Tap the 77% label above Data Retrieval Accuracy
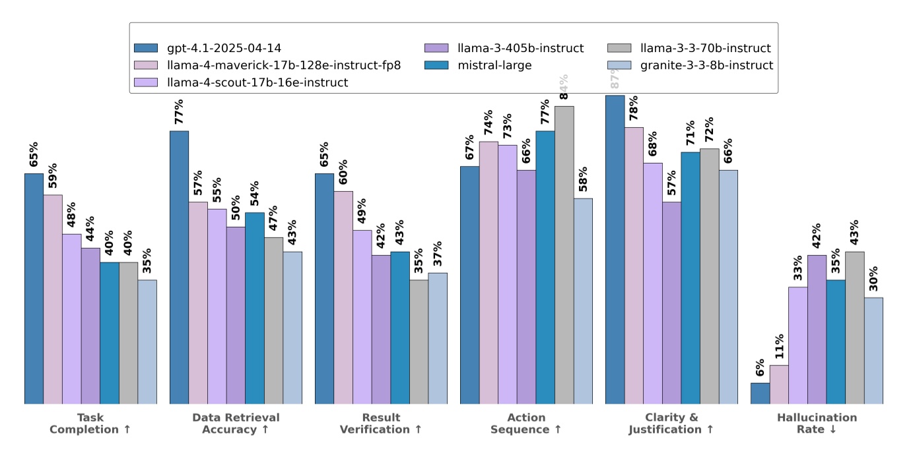pos(179,111)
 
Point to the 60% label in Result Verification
pos(343,173)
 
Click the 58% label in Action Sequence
pos(583,179)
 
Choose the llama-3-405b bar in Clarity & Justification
pos(671,303)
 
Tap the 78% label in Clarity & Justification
pos(633,109)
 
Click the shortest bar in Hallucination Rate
pos(760,393)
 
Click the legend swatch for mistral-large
pos(436,65)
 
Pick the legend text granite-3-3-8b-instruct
pos(707,65)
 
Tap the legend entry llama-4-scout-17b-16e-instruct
pos(258,82)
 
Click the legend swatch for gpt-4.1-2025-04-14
pos(146,48)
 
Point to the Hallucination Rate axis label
pos(817,423)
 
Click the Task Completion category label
pos(90,423)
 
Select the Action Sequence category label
pos(526,423)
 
